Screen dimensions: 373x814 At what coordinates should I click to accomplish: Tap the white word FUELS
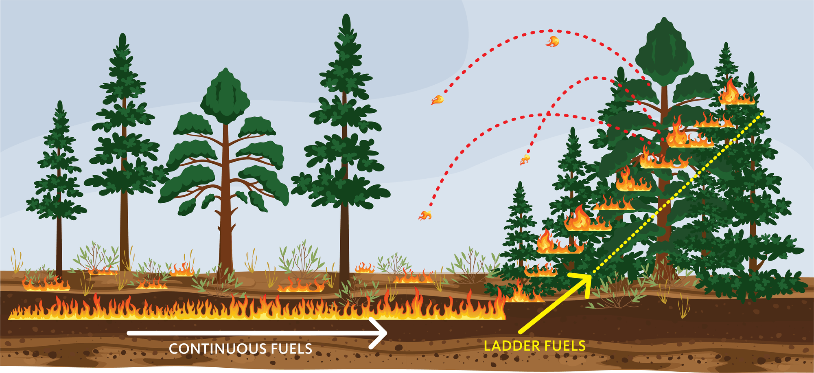(x=291, y=349)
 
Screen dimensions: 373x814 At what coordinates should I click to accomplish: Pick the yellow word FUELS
(x=565, y=346)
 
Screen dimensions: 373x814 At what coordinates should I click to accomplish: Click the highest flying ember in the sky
(x=553, y=41)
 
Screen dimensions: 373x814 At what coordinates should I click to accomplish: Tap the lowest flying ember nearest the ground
(x=425, y=215)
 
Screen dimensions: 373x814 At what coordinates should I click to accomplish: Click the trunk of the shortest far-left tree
(x=59, y=244)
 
